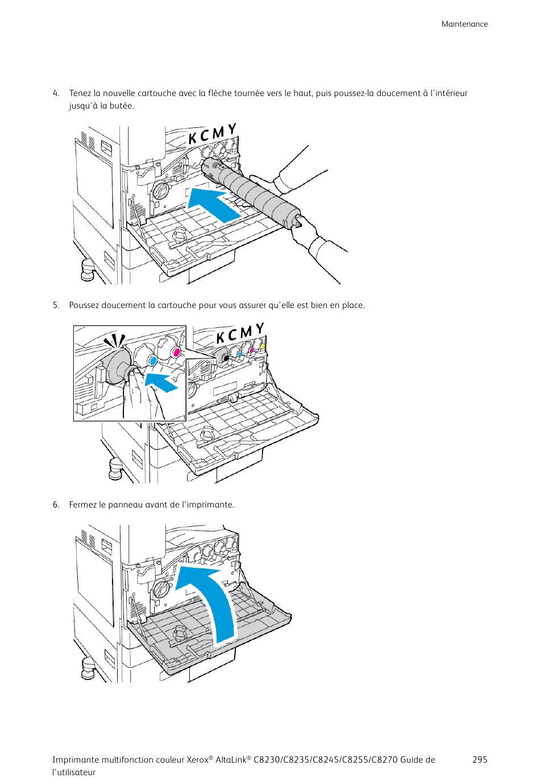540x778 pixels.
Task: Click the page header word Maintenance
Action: (464, 24)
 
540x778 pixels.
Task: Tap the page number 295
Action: (479, 760)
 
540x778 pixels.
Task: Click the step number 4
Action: (56, 93)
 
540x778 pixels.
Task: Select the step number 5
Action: (56, 305)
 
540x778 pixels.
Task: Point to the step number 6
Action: (56, 505)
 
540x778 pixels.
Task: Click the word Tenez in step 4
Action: (80, 93)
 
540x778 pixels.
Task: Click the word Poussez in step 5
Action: (84, 305)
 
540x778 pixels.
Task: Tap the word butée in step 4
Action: (122, 106)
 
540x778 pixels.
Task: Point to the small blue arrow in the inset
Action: (161, 381)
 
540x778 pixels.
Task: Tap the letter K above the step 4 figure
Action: (193, 138)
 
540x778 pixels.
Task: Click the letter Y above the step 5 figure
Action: (260, 328)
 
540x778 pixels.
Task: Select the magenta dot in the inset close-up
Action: (176, 353)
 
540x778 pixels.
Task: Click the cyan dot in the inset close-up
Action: (152, 360)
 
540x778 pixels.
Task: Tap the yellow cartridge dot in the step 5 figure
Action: (262, 346)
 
